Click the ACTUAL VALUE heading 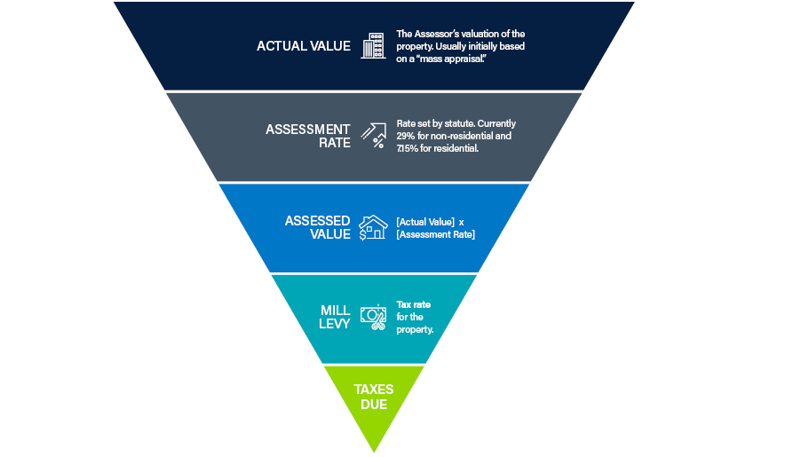tap(304, 46)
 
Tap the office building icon tap(374, 46)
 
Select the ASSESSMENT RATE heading tap(308, 136)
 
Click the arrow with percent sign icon tap(374, 136)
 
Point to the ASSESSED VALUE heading tap(317, 227)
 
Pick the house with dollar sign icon tap(374, 227)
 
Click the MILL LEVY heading tap(335, 317)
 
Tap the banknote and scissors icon tap(374, 318)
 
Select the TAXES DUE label tap(374, 397)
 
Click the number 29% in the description tap(406, 136)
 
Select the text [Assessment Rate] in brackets tap(435, 234)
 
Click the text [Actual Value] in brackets tap(425, 222)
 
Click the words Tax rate tap(414, 304)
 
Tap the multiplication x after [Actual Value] tap(461, 222)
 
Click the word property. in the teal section tap(415, 330)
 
